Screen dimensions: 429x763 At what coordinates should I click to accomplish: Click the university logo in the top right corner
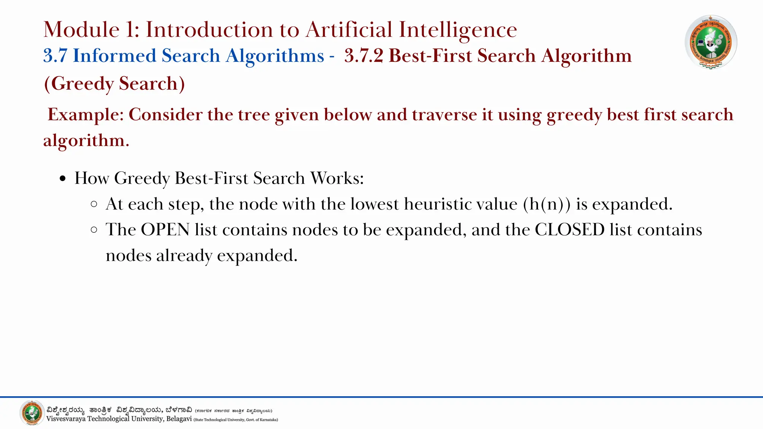pyautogui.click(x=710, y=42)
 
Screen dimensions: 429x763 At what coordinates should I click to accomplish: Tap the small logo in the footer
pyautogui.click(x=32, y=413)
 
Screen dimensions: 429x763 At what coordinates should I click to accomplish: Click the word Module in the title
pyautogui.click(x=81, y=29)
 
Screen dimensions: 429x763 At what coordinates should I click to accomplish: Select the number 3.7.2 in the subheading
pyautogui.click(x=364, y=56)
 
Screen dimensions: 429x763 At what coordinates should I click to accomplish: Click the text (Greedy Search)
pyautogui.click(x=114, y=83)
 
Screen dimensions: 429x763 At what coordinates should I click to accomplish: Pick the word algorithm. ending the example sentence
pyautogui.click(x=86, y=140)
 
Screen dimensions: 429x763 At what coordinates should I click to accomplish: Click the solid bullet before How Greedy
pyautogui.click(x=63, y=179)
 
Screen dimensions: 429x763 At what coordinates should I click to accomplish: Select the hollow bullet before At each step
pyautogui.click(x=94, y=204)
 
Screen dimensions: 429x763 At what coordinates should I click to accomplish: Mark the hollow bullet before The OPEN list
pyautogui.click(x=94, y=230)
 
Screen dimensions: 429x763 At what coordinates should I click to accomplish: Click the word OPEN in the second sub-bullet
pyautogui.click(x=165, y=229)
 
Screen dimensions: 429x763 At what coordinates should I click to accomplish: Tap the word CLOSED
pyautogui.click(x=569, y=229)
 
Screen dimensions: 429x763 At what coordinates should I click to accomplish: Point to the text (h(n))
pyautogui.click(x=547, y=204)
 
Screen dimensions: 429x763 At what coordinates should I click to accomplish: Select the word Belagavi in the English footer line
pyautogui.click(x=179, y=419)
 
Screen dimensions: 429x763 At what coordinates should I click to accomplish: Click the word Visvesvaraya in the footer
pyautogui.click(x=66, y=419)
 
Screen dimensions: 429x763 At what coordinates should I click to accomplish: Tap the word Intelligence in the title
pyautogui.click(x=458, y=29)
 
